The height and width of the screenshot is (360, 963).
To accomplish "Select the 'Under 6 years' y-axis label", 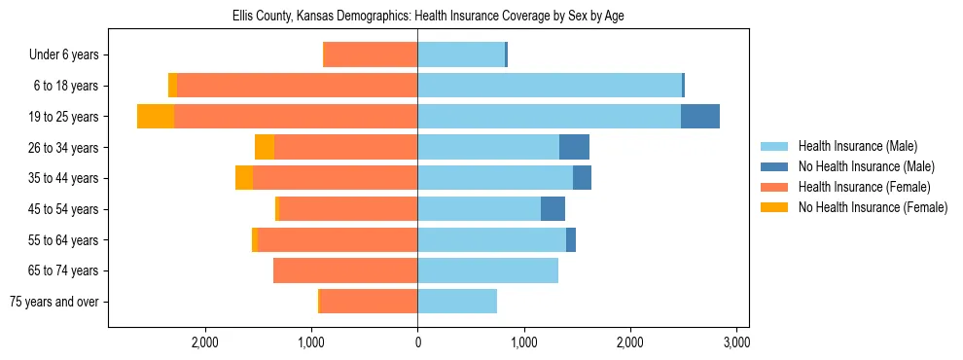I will [x=69, y=54].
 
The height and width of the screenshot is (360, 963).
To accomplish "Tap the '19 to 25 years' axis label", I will [x=65, y=117].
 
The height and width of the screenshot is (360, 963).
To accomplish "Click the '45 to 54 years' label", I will [x=65, y=209].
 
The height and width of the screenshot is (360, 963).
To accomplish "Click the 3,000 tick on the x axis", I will [x=736, y=342].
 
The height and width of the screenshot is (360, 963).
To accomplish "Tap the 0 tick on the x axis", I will [x=417, y=342].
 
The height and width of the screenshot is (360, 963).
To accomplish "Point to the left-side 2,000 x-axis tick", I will [x=204, y=342].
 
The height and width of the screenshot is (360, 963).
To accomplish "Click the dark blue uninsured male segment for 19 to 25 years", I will [x=699, y=117].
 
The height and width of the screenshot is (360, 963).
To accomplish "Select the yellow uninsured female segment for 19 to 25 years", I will [x=156, y=117].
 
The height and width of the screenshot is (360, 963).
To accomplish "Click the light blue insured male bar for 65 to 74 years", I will [x=487, y=270].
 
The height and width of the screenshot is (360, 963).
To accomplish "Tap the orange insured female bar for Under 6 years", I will [x=370, y=54].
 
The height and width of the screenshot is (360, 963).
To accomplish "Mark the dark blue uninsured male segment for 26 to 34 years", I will [x=574, y=147].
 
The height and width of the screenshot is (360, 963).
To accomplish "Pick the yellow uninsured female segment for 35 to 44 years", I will [x=244, y=178].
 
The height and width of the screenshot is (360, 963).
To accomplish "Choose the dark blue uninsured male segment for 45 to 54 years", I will [x=553, y=209].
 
